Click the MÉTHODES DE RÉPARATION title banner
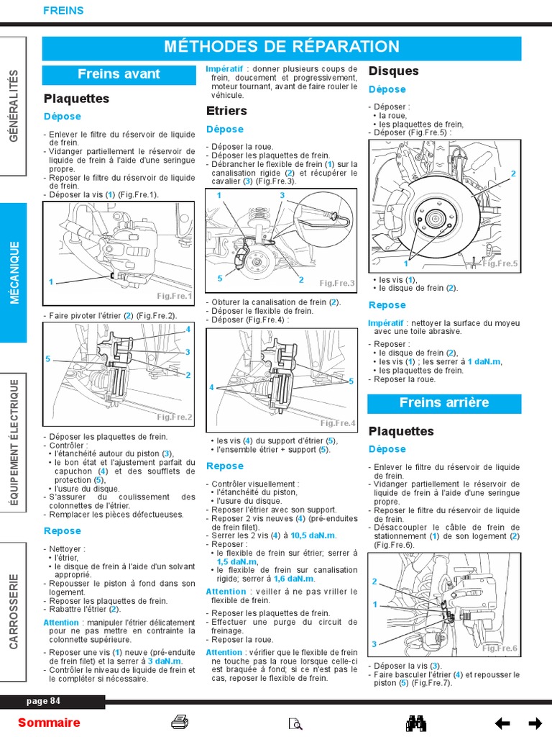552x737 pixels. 282,48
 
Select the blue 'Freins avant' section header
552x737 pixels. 119,74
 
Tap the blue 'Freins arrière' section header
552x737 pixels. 443,403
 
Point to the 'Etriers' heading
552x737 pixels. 226,111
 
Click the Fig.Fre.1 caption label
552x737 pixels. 175,296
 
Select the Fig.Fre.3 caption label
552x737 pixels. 337,284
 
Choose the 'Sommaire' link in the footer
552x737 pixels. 49,723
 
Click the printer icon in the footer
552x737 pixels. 180,723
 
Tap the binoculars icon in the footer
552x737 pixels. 417,723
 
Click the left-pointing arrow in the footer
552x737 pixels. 502,723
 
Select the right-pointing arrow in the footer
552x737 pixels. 535,723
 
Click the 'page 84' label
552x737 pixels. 44,701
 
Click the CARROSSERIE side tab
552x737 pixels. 14,611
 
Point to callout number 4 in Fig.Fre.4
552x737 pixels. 212,387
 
